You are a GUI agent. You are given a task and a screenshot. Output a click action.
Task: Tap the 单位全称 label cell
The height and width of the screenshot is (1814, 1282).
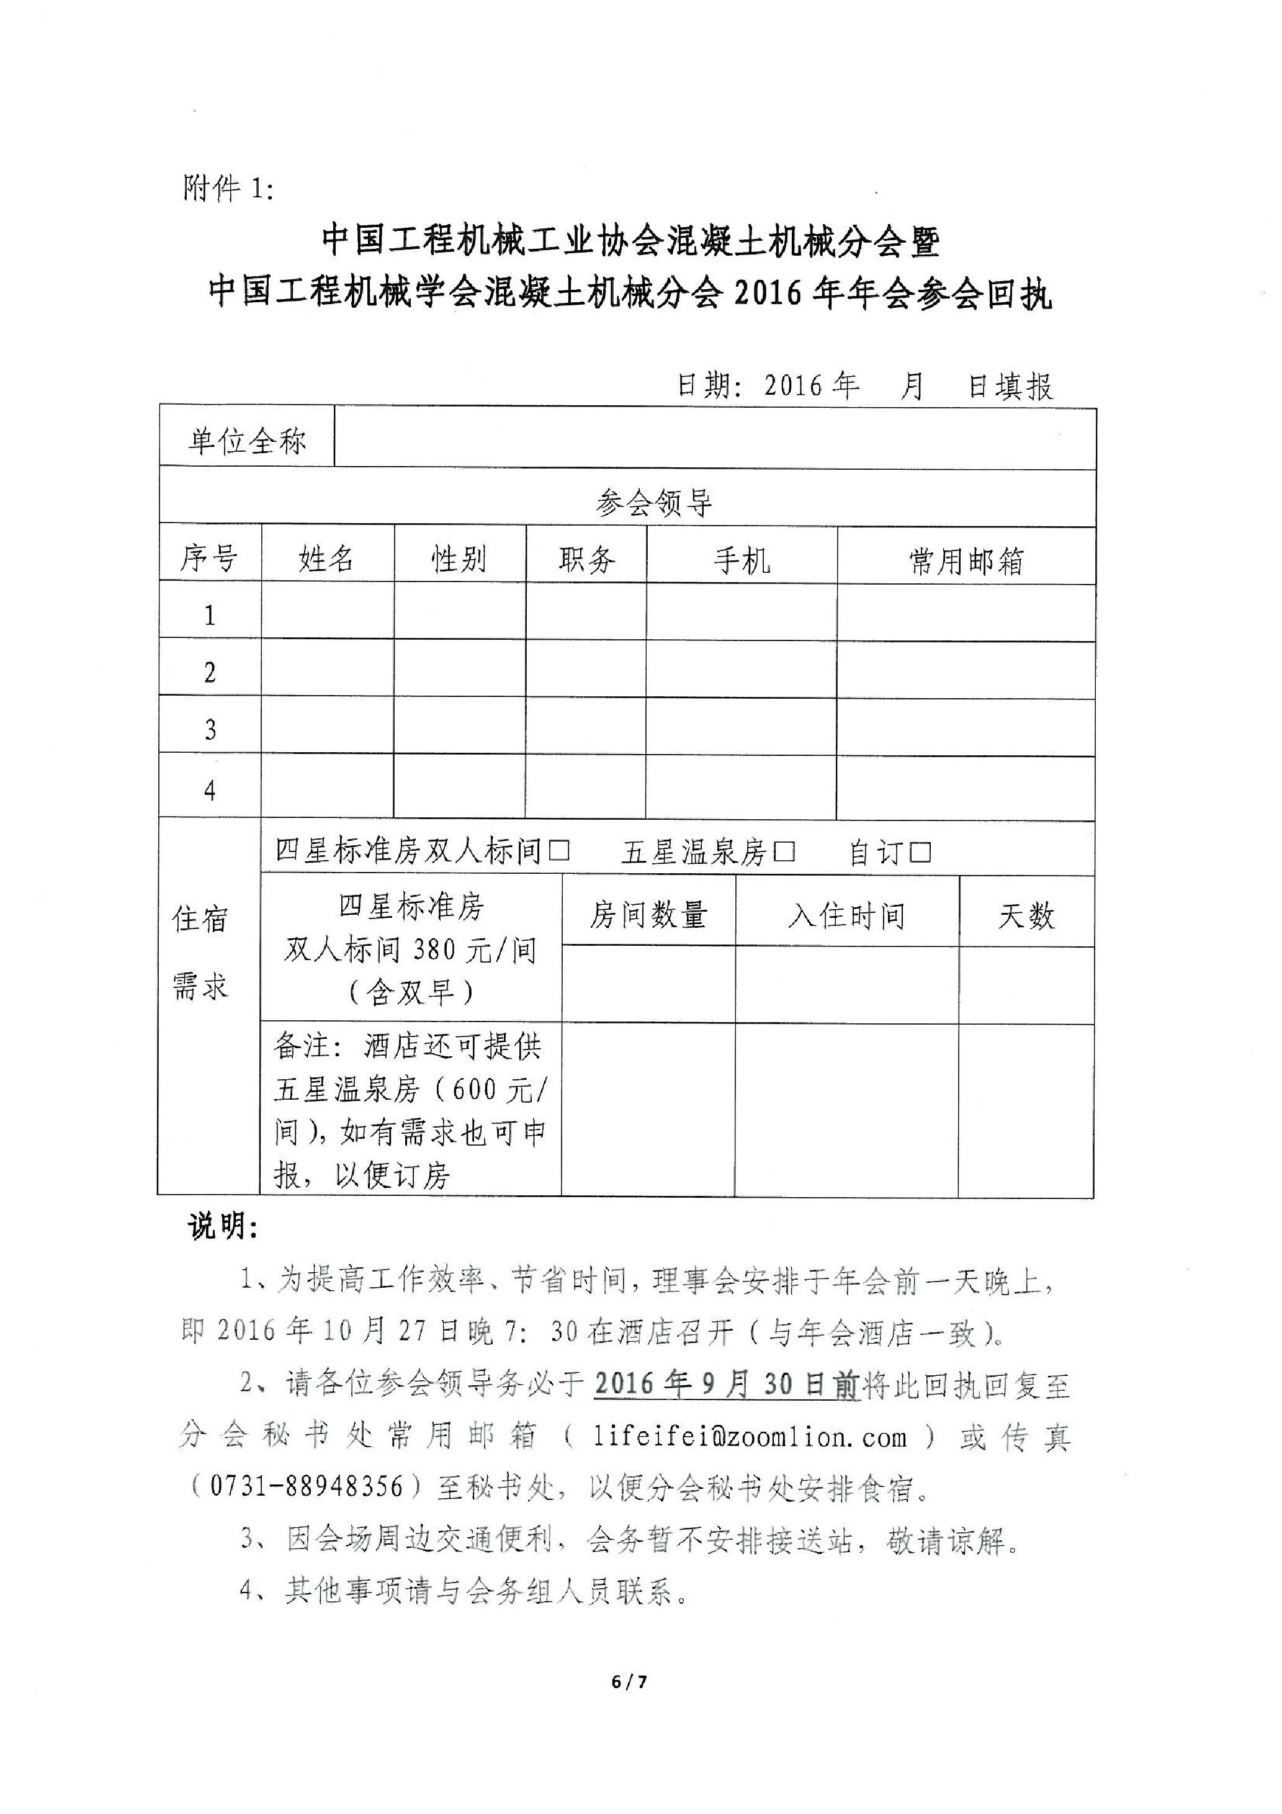(246, 441)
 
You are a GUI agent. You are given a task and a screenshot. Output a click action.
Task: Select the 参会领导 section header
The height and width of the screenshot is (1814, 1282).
(655, 503)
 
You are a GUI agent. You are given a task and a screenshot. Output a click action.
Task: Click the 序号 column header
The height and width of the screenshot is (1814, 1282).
(208, 559)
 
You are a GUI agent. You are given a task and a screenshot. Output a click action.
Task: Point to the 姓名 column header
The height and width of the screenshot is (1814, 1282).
(326, 559)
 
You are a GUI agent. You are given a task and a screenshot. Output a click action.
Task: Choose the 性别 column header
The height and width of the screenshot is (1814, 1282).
(459, 559)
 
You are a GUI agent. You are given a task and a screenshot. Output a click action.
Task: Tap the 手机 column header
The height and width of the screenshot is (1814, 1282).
(741, 561)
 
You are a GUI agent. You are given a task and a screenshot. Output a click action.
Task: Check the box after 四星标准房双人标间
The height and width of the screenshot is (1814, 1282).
(559, 851)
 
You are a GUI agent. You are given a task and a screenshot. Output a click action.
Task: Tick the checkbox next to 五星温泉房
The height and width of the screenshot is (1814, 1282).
(784, 851)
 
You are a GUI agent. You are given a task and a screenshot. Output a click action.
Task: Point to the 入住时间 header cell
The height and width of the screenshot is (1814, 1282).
(847, 916)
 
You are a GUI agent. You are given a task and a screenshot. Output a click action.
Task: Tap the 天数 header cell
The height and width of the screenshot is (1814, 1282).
(1026, 917)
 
